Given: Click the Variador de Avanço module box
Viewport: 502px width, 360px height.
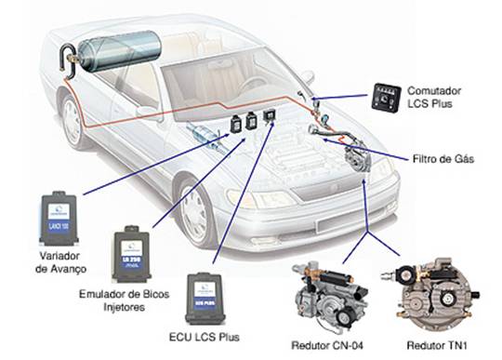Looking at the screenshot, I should tap(60, 217).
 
